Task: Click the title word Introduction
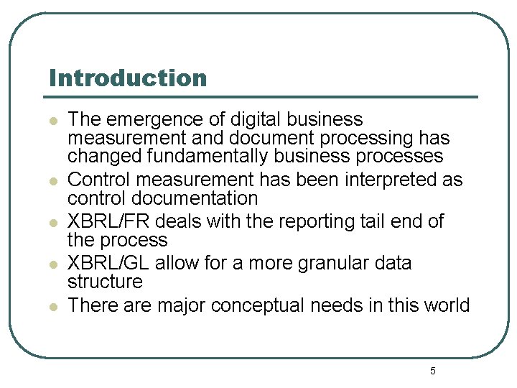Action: point(128,78)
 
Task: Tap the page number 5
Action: point(432,371)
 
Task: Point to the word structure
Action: point(105,282)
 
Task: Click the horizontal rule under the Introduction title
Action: point(262,97)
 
